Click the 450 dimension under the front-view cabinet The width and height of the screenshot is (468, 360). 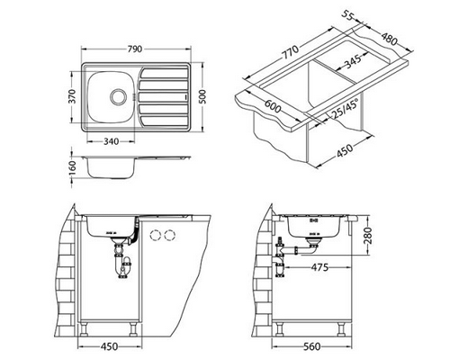click(x=107, y=346)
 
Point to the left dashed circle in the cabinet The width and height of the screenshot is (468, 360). click(x=150, y=236)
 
